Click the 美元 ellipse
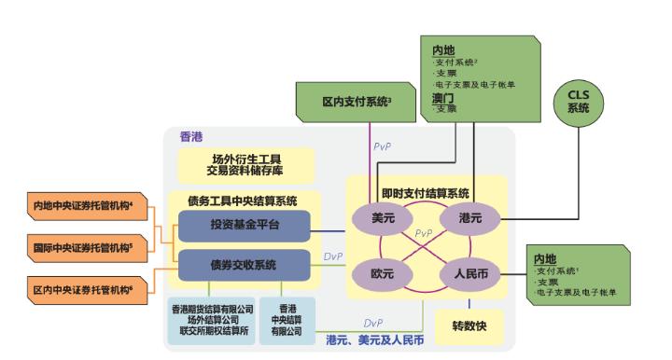pos(384,217)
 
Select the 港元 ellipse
pos(470,217)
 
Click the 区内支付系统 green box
pos(357,101)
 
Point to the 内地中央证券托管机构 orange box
pos(82,205)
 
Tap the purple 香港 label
pos(192,136)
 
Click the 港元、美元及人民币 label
pos(374,339)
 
